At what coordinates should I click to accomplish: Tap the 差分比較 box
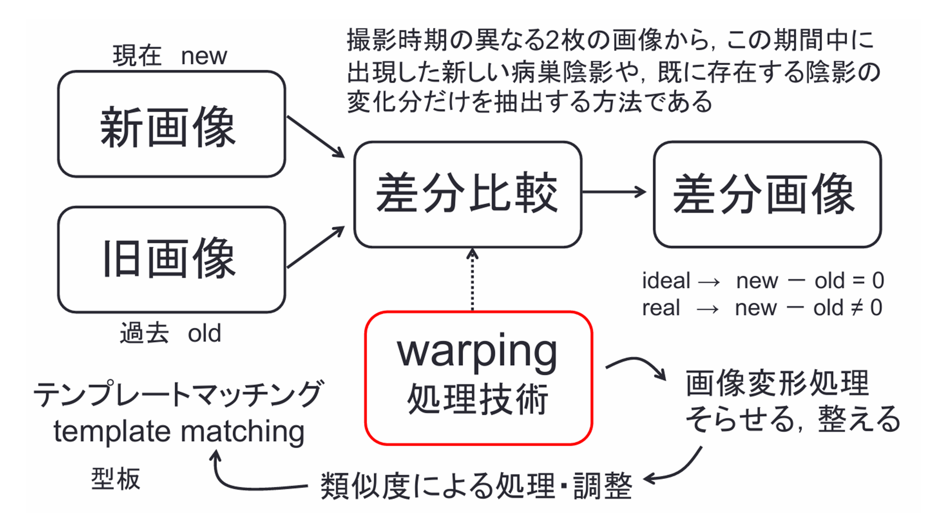(x=468, y=194)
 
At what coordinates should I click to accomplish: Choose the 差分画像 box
(x=767, y=194)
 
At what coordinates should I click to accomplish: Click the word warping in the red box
(x=477, y=353)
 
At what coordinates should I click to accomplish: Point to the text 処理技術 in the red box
(x=478, y=399)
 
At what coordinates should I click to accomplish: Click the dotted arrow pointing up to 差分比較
(x=472, y=281)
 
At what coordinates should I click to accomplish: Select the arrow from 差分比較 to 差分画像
(x=614, y=192)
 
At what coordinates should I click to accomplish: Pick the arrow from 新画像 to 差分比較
(x=315, y=137)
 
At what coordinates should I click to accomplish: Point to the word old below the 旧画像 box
(x=204, y=333)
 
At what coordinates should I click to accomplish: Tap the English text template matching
(x=179, y=432)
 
